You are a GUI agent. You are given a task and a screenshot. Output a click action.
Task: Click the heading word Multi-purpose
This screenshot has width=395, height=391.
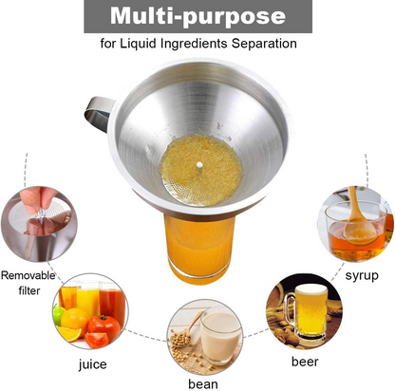(197, 16)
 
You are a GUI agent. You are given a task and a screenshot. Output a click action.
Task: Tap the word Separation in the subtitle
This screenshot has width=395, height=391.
(264, 44)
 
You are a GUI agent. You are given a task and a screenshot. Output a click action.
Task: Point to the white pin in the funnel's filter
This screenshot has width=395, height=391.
(199, 167)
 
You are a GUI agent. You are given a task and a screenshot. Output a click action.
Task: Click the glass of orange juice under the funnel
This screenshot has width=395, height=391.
(199, 250)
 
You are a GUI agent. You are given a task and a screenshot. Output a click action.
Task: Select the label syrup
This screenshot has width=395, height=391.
(362, 275)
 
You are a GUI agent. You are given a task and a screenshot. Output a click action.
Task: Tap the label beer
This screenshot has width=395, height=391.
(305, 362)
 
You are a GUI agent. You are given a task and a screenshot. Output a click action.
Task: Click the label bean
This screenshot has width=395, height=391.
(203, 384)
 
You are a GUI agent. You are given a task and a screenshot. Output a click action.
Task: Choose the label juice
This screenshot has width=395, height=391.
(92, 364)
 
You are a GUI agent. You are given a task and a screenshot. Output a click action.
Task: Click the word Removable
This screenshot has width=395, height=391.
(28, 275)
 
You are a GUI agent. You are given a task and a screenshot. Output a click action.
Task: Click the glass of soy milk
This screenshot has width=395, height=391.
(219, 336)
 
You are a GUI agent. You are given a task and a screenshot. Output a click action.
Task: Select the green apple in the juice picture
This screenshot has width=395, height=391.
(59, 315)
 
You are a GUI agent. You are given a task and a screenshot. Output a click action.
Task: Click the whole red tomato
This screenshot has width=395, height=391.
(103, 326)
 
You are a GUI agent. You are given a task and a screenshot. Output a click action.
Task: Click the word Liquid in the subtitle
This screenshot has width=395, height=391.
(138, 44)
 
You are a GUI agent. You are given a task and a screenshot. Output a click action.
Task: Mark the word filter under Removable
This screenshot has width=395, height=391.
(29, 290)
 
